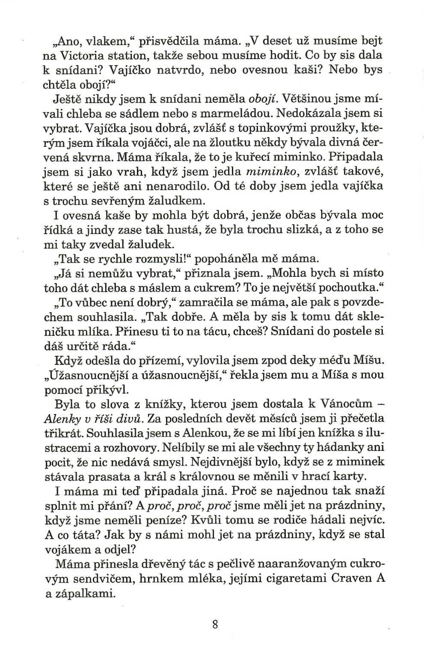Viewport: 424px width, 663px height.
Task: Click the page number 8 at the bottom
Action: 215,624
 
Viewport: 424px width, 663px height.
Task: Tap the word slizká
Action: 302,229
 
